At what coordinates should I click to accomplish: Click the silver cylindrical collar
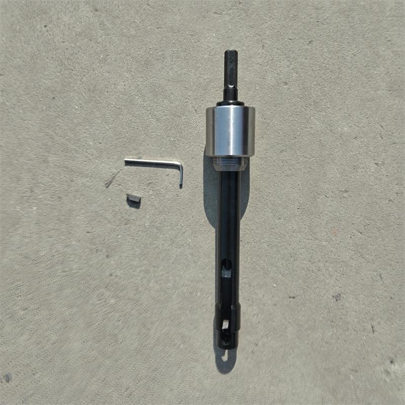(x=230, y=131)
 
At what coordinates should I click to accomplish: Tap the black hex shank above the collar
(x=230, y=76)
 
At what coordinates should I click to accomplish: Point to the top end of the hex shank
(x=230, y=52)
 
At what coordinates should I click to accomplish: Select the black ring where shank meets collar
(x=230, y=103)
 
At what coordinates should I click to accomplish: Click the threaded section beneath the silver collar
(x=230, y=163)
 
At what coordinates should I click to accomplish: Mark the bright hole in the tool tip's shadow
(x=225, y=356)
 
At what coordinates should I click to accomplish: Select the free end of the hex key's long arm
(x=127, y=161)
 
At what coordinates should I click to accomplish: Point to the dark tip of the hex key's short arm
(x=180, y=185)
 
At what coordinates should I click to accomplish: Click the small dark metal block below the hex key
(x=134, y=198)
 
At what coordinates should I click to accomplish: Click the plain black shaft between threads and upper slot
(x=229, y=213)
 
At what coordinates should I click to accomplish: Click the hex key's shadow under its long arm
(x=152, y=167)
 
